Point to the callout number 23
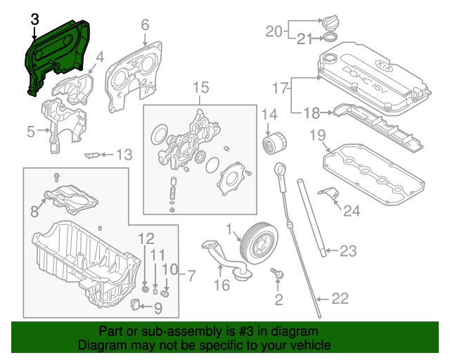[x=349, y=250]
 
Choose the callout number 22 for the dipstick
[x=340, y=299]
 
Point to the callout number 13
[x=124, y=155]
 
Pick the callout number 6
[x=145, y=25]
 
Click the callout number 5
[x=31, y=131]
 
